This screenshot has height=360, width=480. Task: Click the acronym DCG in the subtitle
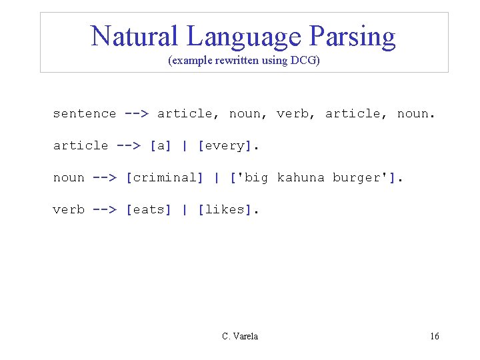click(303, 61)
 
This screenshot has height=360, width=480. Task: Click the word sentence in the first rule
click(85, 113)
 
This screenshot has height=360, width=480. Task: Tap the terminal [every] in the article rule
click(226, 145)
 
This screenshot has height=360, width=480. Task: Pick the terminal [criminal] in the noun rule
click(165, 177)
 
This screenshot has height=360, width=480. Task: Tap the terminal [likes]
click(226, 209)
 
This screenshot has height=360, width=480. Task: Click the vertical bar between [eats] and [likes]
click(185, 209)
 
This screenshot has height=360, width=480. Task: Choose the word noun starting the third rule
click(69, 177)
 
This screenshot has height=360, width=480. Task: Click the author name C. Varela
click(240, 336)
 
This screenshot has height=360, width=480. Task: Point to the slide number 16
click(434, 336)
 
